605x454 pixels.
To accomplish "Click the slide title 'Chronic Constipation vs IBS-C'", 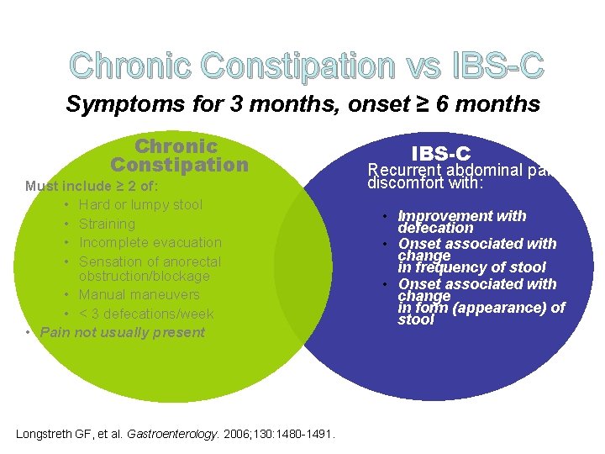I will [x=307, y=65].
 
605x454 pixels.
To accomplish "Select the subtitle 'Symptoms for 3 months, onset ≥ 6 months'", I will [x=302, y=104].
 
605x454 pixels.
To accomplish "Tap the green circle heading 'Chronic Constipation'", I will [x=179, y=156].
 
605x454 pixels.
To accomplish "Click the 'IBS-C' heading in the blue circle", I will [x=440, y=153].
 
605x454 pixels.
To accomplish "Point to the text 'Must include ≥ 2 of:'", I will [x=92, y=186].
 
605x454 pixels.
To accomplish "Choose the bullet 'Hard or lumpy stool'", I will [x=140, y=204].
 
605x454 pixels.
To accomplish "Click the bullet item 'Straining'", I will [x=107, y=224].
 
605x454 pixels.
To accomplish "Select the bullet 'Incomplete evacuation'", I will [x=150, y=242].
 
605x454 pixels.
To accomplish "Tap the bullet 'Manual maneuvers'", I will [x=139, y=294].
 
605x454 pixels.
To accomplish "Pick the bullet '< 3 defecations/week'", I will [x=146, y=314].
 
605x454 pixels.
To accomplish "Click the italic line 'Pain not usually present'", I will [x=123, y=332].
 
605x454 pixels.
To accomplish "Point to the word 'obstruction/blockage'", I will [x=144, y=276].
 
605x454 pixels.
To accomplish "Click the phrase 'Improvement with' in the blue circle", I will [x=461, y=216].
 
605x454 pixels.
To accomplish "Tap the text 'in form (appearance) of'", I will [x=481, y=308].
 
